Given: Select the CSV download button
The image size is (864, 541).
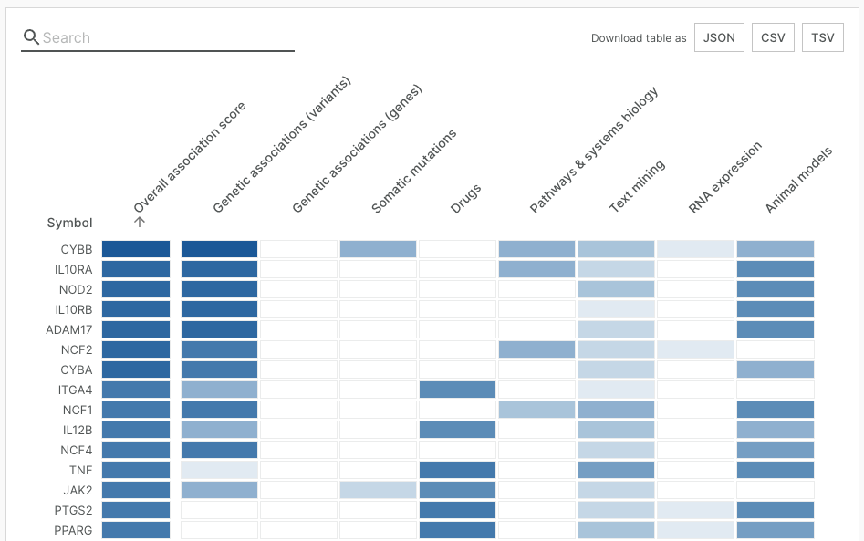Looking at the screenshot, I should pyautogui.click(x=773, y=38).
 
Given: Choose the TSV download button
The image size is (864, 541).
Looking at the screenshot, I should pyautogui.click(x=822, y=38).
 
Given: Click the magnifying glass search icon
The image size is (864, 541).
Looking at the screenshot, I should pyautogui.click(x=31, y=37).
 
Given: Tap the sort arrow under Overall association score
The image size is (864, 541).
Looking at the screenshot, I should pyautogui.click(x=140, y=221).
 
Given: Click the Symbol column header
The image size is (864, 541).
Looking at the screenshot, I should pyautogui.click(x=69, y=223).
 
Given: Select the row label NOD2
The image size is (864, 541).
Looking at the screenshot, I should pyautogui.click(x=76, y=289).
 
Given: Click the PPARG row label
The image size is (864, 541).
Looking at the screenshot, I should pyautogui.click(x=72, y=530).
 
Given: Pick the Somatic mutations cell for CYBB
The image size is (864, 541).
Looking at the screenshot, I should pyautogui.click(x=378, y=249).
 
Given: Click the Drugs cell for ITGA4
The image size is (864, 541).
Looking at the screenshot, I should pyautogui.click(x=457, y=390).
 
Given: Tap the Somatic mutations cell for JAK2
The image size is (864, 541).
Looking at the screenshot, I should pyautogui.click(x=378, y=490).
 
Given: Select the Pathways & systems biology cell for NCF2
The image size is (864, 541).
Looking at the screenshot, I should pyautogui.click(x=536, y=349).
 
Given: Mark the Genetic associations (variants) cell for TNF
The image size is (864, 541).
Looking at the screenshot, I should pyautogui.click(x=219, y=470).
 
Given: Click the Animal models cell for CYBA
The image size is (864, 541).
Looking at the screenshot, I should pyautogui.click(x=775, y=369).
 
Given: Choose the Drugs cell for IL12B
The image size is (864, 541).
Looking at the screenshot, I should pyautogui.click(x=457, y=430).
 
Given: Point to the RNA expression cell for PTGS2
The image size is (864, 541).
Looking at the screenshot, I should pyautogui.click(x=695, y=510).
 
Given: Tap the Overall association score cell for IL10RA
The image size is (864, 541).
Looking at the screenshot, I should pyautogui.click(x=136, y=269).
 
